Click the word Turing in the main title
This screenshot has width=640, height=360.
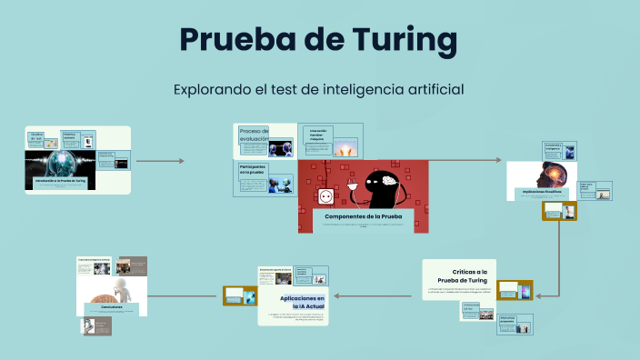tap(394, 40)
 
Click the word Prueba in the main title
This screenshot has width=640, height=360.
tap(238, 40)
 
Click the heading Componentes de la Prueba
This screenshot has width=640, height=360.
tap(363, 217)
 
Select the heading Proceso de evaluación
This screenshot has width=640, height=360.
tap(254, 135)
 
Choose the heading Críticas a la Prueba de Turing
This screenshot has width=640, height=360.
tap(469, 276)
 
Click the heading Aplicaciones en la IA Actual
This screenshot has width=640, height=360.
tap(302, 302)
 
